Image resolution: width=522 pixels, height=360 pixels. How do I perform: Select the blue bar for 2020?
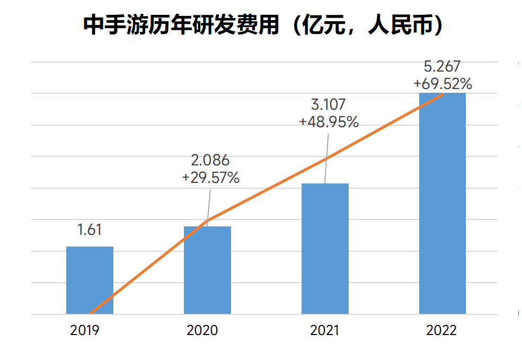tap(207, 270)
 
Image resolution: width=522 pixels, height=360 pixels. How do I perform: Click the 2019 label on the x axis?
tap(85, 330)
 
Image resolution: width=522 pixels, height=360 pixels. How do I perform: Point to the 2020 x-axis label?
tap(202, 330)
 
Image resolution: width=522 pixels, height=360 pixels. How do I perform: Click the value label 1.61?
tap(89, 230)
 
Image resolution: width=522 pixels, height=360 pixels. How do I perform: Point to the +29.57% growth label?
tap(210, 178)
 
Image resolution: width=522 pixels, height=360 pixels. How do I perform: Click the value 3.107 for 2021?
tap(329, 104)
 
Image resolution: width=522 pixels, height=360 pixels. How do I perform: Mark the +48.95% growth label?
tap(329, 122)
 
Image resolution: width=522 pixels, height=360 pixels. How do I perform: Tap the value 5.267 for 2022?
tap(443, 66)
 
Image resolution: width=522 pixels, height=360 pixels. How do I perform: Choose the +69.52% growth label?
tap(443, 83)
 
